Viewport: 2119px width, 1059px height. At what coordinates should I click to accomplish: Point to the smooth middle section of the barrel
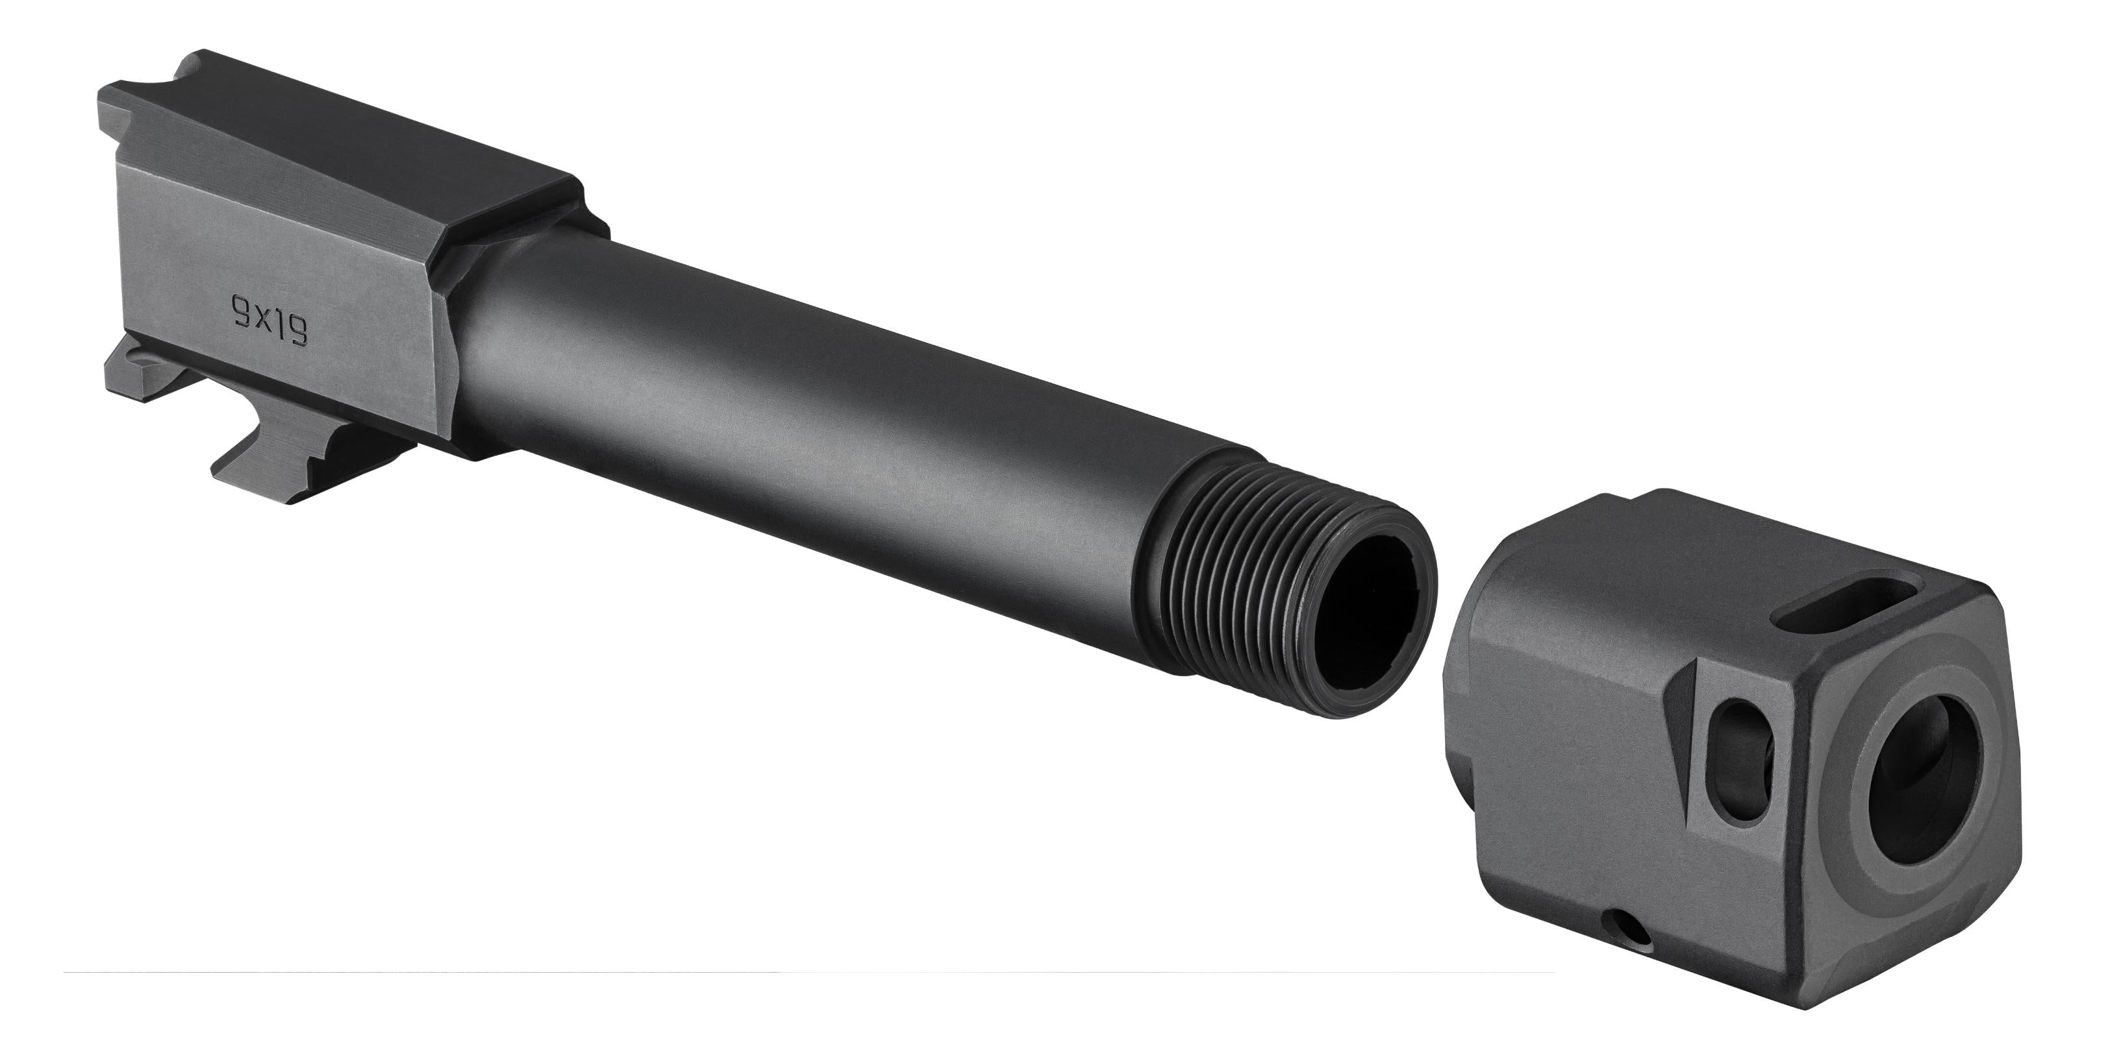point(823,395)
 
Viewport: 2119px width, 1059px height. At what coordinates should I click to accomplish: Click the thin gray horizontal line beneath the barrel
point(740,973)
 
